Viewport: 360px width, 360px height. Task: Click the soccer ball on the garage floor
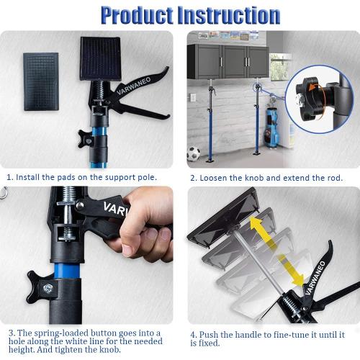tap(192, 153)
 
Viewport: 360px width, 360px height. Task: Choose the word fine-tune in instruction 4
tap(287, 334)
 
